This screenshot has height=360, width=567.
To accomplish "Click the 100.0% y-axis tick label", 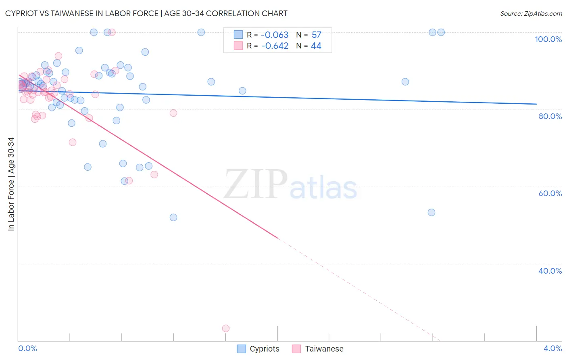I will [x=548, y=39].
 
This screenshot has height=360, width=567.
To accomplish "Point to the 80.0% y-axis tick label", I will [x=550, y=116].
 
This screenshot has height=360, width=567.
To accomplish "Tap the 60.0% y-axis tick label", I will [x=550, y=193].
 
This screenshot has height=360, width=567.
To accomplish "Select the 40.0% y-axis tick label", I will [x=550, y=271].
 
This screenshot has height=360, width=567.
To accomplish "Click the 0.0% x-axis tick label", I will [x=27, y=348].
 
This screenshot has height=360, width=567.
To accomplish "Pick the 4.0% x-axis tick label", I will [x=552, y=348].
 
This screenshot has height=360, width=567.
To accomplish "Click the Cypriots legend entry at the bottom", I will [x=258, y=349].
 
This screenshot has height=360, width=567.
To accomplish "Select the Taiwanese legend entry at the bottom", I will [x=318, y=349].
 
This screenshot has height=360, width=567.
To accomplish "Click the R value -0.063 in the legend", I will [x=275, y=35].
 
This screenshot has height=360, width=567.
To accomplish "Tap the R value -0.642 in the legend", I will [x=275, y=46].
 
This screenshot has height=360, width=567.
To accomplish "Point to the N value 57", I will [x=316, y=35].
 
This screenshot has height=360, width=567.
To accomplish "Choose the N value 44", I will [x=316, y=46].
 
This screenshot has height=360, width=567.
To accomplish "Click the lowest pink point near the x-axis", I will [x=226, y=329].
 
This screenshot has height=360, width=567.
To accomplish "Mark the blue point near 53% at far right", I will [x=432, y=212].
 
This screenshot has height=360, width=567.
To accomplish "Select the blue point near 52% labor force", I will [x=173, y=218].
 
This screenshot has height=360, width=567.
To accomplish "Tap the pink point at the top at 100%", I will [x=112, y=32].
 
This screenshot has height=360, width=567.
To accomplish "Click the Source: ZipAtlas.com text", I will [x=531, y=14].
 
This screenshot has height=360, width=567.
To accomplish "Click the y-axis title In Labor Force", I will [x=11, y=184].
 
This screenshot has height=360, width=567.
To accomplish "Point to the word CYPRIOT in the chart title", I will [x=25, y=13].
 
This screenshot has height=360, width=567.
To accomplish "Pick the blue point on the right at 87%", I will [x=405, y=82].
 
